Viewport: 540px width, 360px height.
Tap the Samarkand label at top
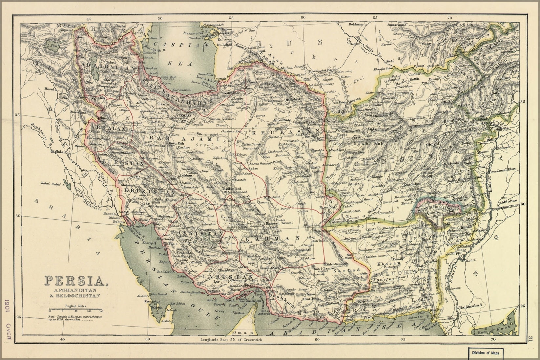397,25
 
